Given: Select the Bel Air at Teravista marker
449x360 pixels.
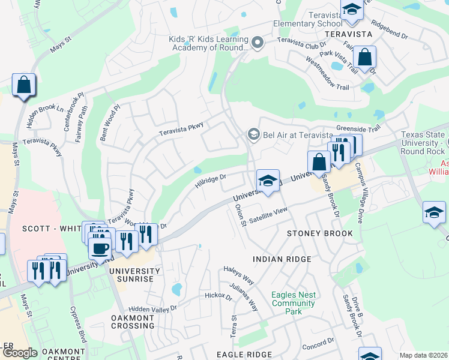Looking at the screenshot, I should pyautogui.click(x=253, y=134).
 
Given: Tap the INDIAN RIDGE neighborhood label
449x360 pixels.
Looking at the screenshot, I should pyautogui.click(x=282, y=259).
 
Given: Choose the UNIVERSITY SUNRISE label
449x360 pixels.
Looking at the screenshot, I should pyautogui.click(x=134, y=275).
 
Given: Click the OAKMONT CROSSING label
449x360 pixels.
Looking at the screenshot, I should pyautogui.click(x=133, y=321).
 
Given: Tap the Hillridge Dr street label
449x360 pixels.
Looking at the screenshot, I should pyautogui.click(x=209, y=181).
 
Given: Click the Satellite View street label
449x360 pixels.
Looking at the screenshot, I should pyautogui.click(x=269, y=215).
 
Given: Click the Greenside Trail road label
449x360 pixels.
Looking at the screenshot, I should pyautogui.click(x=358, y=128).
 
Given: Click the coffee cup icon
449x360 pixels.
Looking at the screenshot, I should pyautogui.click(x=100, y=248).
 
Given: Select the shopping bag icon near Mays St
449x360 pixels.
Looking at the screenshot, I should pyautogui.click(x=23, y=85).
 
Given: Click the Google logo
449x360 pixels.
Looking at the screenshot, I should pyautogui.click(x=19, y=353).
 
